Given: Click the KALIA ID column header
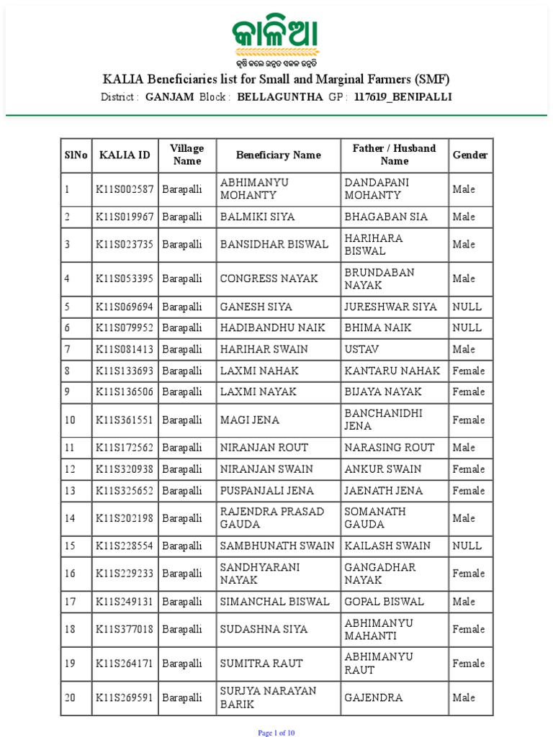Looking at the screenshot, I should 125,155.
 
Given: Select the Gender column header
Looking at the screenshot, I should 469,155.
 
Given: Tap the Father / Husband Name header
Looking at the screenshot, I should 394,155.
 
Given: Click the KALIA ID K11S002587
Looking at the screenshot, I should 125,189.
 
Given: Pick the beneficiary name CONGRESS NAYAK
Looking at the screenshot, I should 269,279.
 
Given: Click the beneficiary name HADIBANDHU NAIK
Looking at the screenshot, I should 273,327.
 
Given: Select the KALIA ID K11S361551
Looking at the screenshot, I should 125,420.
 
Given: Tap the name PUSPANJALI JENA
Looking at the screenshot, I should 266,490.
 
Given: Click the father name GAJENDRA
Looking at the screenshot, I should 373,697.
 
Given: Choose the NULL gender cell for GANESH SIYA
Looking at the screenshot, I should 467,307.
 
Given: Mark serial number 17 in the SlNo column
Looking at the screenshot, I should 69,601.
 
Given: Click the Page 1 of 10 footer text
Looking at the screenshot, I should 276,733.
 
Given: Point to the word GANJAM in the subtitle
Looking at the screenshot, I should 169,96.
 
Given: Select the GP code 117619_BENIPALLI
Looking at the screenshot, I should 403,96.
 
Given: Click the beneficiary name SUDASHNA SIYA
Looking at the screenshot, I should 264,629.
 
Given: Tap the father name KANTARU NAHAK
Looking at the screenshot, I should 392,371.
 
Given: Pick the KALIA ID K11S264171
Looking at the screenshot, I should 125,663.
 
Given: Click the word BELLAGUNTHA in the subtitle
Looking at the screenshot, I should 279,96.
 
